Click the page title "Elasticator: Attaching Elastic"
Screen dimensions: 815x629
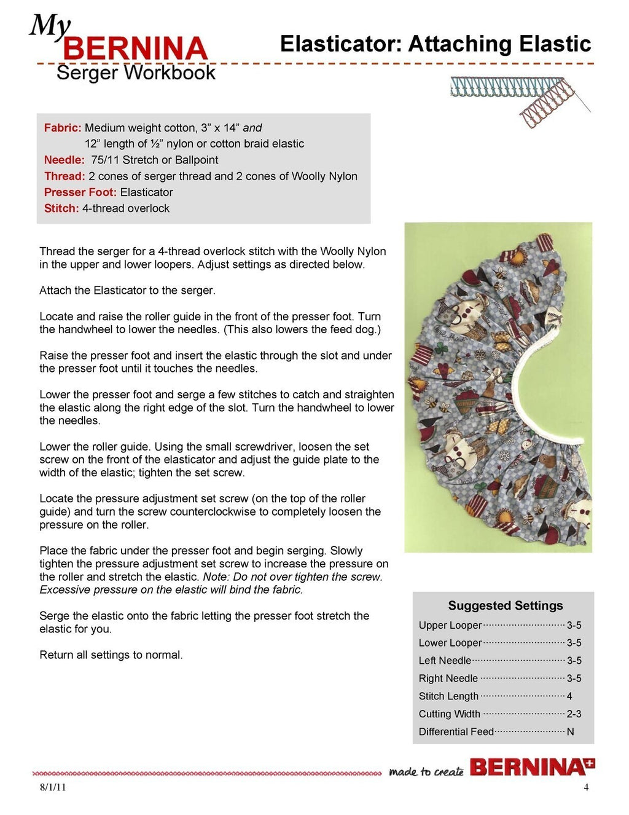point(435,44)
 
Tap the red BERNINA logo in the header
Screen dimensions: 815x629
point(135,49)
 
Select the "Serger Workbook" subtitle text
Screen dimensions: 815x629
point(136,73)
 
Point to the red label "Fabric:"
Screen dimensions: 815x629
point(63,128)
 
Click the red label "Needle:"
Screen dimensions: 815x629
point(64,160)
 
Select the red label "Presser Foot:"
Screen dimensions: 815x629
point(80,192)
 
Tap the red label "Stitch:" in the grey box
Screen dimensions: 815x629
point(61,208)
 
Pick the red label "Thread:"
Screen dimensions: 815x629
point(64,176)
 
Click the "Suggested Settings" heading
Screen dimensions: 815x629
point(505,605)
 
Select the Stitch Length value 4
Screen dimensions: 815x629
point(569,696)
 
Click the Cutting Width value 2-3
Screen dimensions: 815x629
point(574,714)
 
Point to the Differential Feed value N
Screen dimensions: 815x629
point(570,732)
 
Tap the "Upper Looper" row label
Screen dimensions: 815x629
point(450,626)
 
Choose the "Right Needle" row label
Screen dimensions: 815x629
point(448,679)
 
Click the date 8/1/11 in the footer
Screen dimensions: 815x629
point(53,787)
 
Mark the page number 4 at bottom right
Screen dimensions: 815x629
point(586,787)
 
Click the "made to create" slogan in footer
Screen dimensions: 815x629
point(426,771)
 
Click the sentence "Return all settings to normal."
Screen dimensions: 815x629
point(111,655)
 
